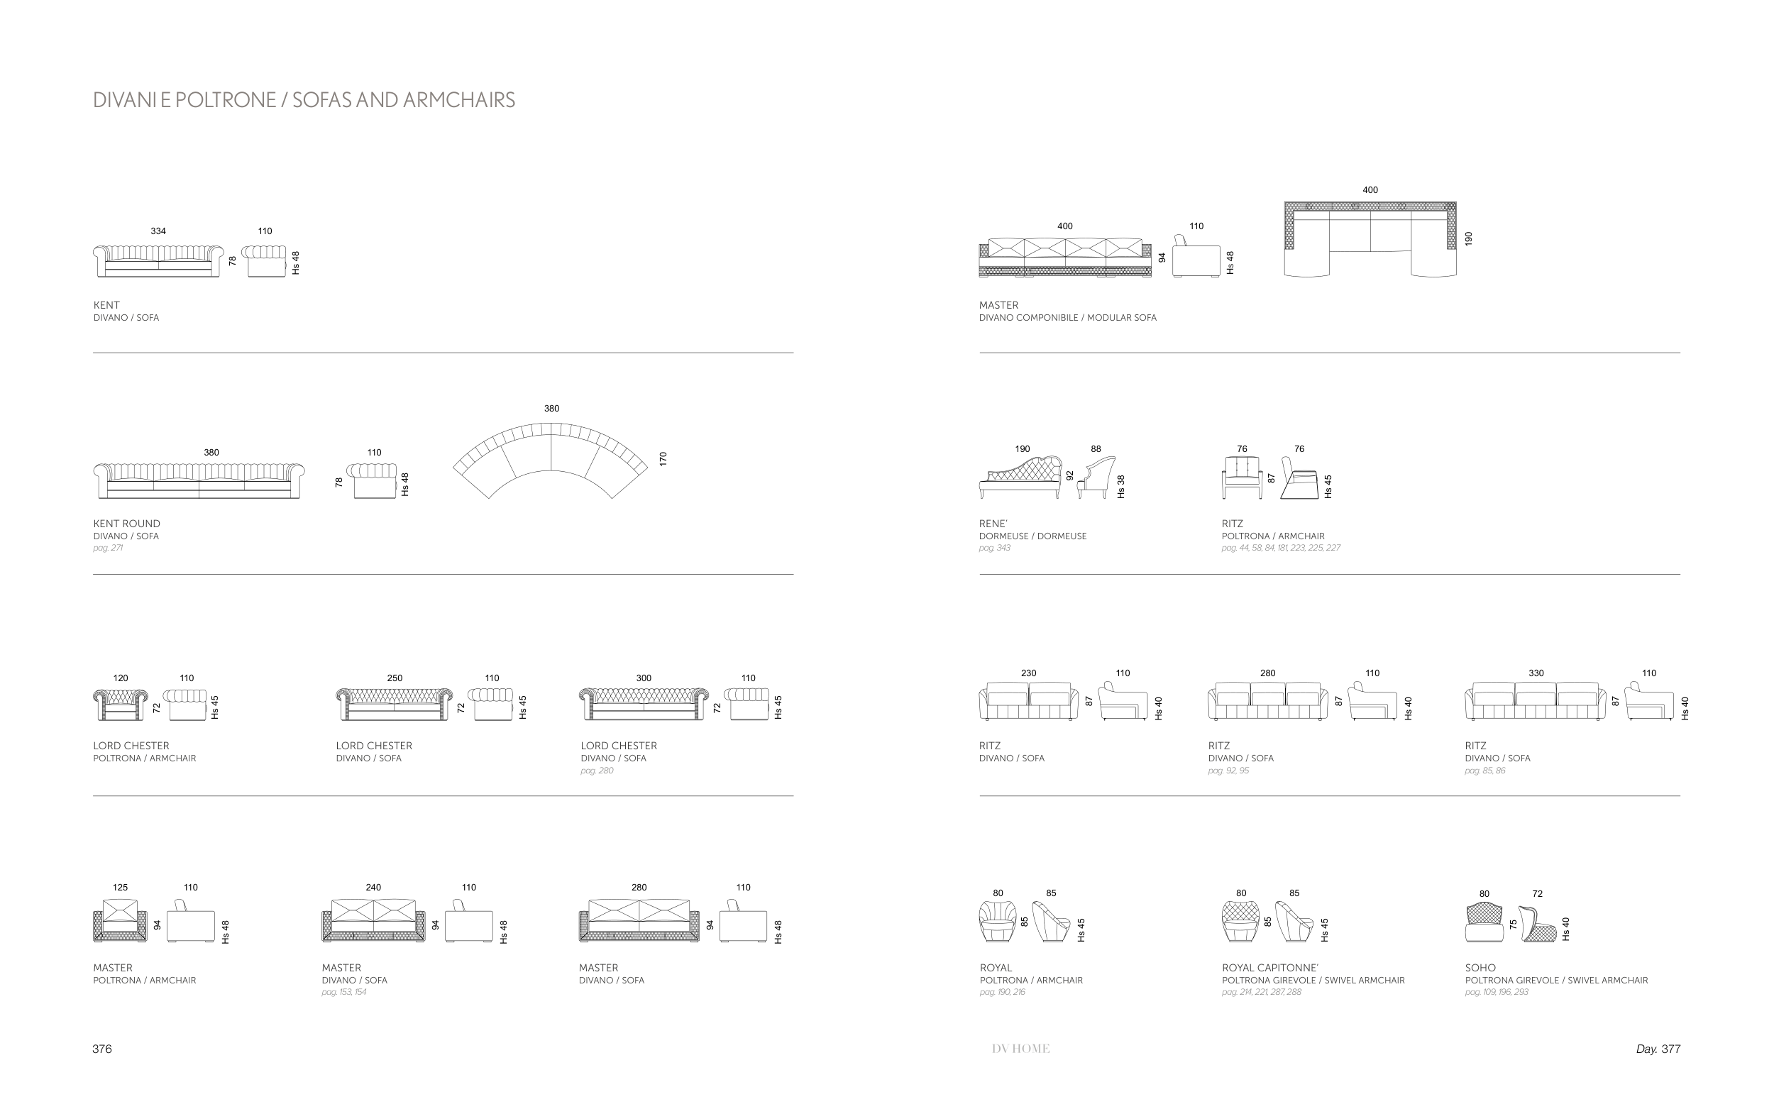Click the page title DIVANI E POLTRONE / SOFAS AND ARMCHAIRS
click(x=304, y=100)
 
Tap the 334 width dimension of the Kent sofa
click(x=158, y=231)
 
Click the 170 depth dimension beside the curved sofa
click(x=663, y=459)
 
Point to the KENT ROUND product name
click(x=126, y=524)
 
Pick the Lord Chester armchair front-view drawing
click(x=120, y=705)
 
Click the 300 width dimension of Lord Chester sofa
click(x=643, y=678)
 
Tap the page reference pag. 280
click(x=597, y=771)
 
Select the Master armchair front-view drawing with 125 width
click(x=119, y=920)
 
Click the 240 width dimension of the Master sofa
click(x=373, y=888)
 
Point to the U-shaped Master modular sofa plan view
click(x=1370, y=239)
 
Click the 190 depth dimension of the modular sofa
click(x=1468, y=238)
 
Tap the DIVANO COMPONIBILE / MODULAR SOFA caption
click(x=1067, y=319)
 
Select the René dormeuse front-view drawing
click(x=1021, y=478)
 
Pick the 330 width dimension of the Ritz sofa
click(x=1536, y=673)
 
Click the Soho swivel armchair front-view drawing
click(x=1484, y=922)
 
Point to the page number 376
click(x=102, y=1049)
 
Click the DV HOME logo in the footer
click(x=1021, y=1049)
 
